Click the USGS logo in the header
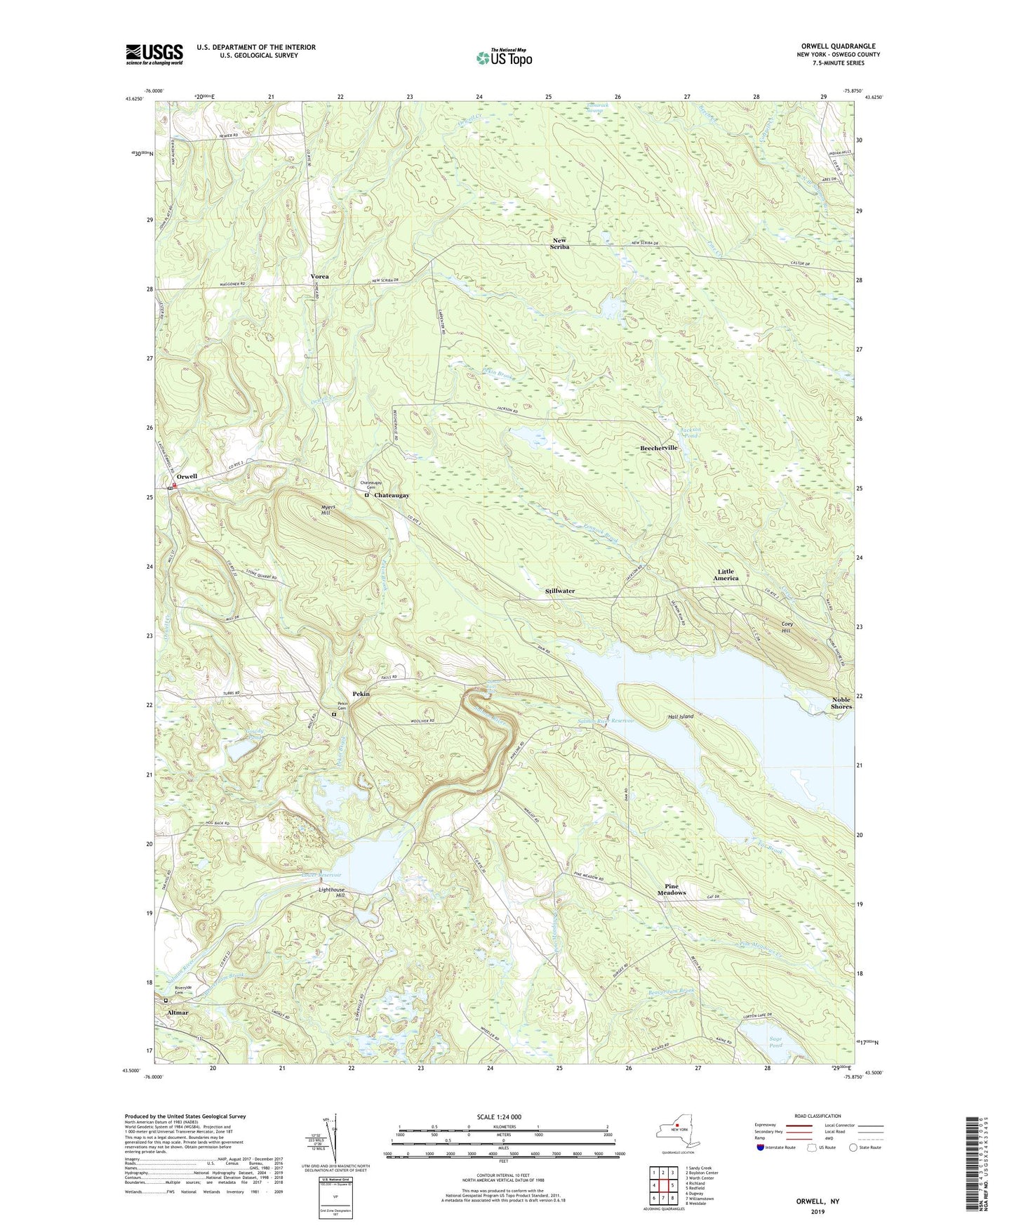[x=154, y=54]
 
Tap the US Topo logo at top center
[x=502, y=58]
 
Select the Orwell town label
[x=187, y=476]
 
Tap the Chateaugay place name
[x=391, y=495]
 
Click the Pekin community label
[x=361, y=694]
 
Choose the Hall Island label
[x=681, y=716]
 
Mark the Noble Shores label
[x=841, y=703]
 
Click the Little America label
[x=726, y=574]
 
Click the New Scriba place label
[x=559, y=244]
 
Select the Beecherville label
[x=658, y=447]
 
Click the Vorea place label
[x=319, y=277]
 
